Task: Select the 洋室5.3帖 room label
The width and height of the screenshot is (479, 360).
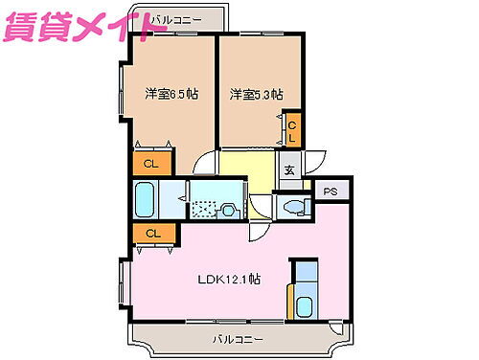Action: [256, 94]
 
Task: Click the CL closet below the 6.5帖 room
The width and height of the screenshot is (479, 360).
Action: [150, 163]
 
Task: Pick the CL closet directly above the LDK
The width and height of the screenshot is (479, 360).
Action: [152, 233]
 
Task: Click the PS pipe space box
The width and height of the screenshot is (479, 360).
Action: [331, 191]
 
